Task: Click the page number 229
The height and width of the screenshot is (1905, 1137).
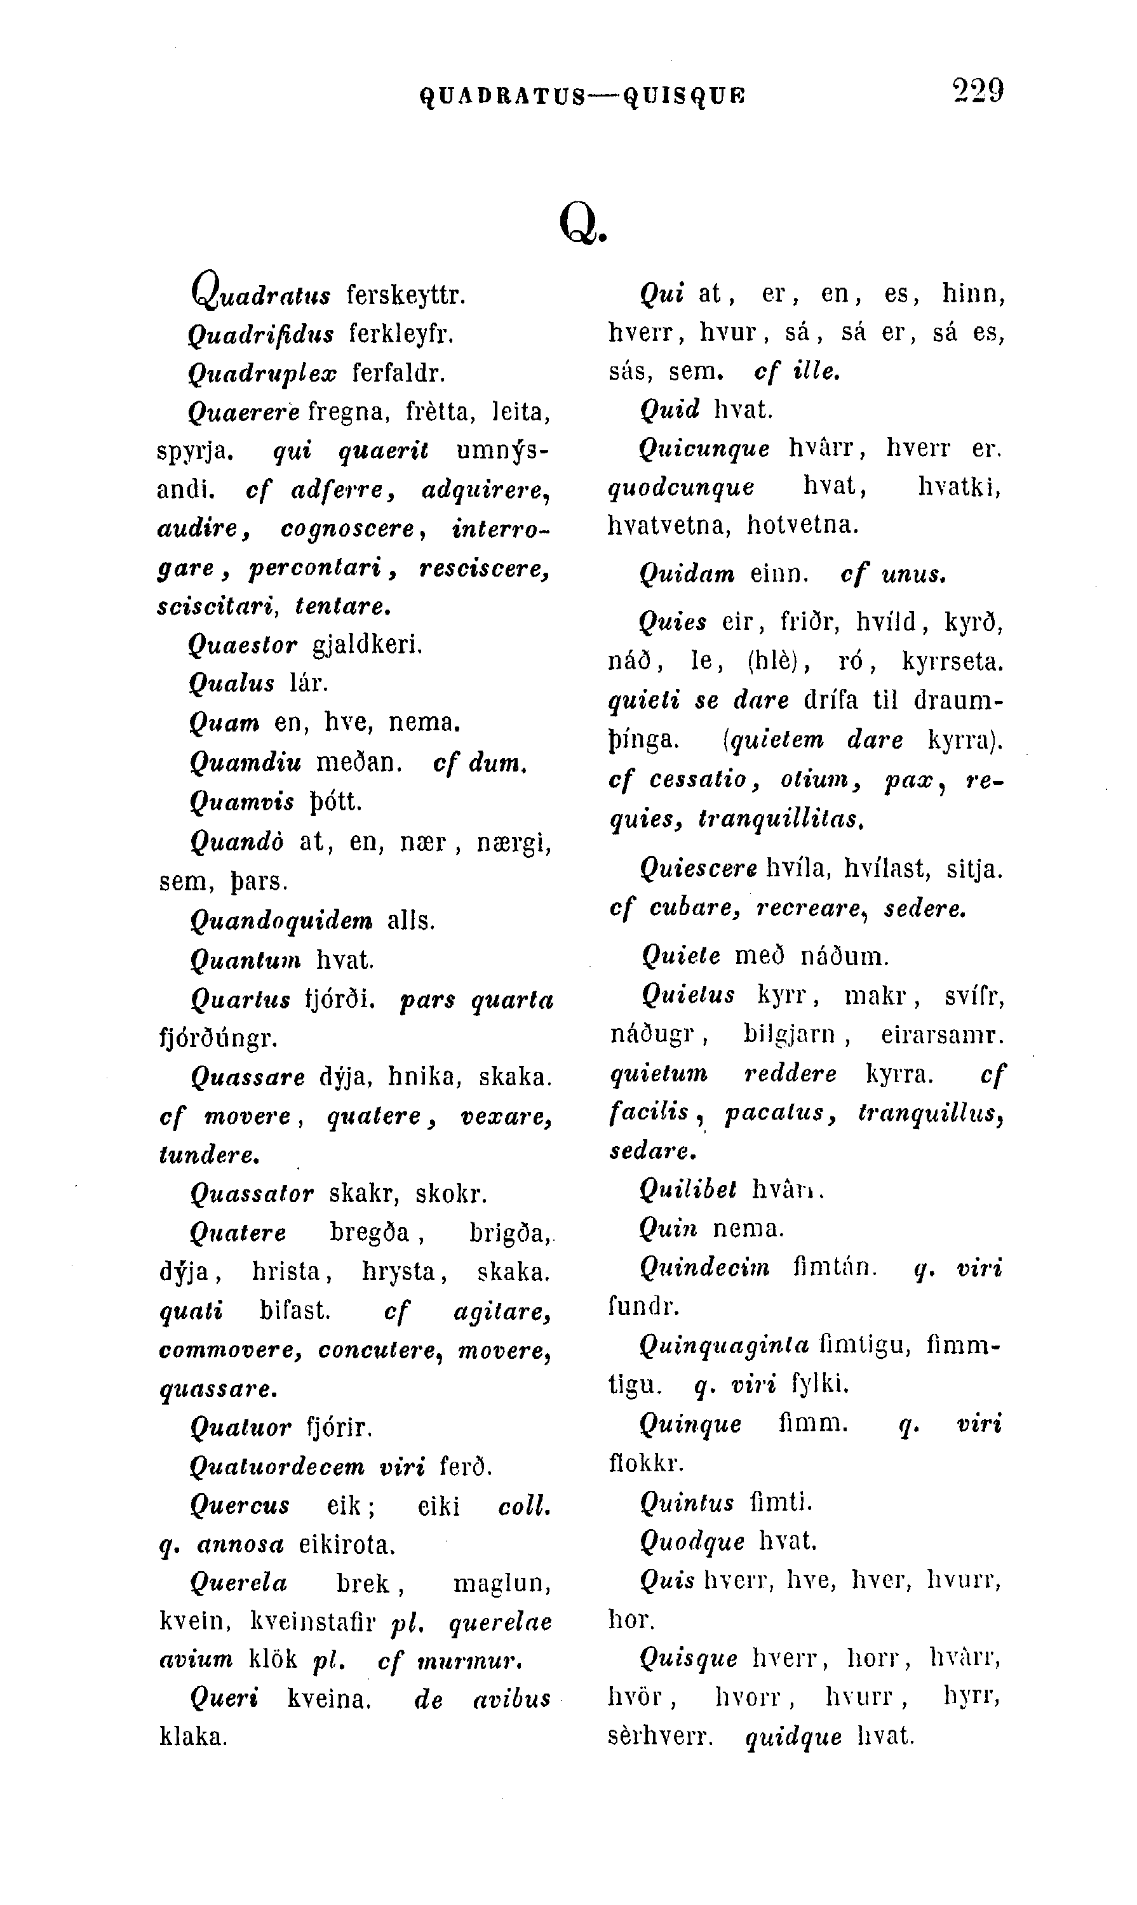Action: coord(978,91)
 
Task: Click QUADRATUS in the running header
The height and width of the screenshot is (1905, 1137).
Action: coord(503,96)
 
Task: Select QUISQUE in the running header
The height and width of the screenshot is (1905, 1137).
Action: coord(684,96)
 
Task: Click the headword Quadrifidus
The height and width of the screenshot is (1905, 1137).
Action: coord(260,335)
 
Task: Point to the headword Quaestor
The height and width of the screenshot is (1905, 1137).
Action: coord(242,646)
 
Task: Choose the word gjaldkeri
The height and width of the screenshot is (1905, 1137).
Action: coord(368,646)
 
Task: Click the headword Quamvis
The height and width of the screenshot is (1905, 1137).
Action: coord(242,802)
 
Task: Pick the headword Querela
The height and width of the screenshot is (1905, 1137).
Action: coord(238,1583)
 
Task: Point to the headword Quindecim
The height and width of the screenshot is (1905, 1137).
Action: coord(705,1267)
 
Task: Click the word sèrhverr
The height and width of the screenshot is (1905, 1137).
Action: coord(660,1735)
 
